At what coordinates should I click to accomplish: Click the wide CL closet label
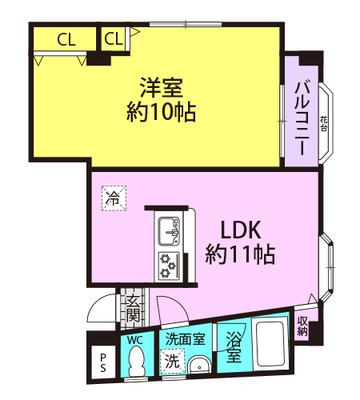[66, 40]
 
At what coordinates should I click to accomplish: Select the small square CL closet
[114, 38]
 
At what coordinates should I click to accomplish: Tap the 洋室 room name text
[162, 87]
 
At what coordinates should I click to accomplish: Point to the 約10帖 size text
[161, 112]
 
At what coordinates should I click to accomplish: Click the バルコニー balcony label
[302, 118]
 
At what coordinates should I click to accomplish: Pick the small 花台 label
[323, 124]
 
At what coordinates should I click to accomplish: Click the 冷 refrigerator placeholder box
[114, 198]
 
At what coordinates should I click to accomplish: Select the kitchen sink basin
[169, 231]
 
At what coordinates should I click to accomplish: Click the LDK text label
[241, 230]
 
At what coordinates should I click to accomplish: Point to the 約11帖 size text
[240, 254]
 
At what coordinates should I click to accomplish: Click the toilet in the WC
[137, 361]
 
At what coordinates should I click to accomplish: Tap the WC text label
[135, 340]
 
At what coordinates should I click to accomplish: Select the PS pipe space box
[103, 362]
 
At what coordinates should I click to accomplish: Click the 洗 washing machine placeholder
[172, 361]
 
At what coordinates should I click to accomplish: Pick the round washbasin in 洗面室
[199, 366]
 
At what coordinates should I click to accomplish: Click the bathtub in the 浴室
[270, 343]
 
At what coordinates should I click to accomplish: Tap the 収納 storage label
[302, 326]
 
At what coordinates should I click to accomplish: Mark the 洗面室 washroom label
[185, 339]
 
